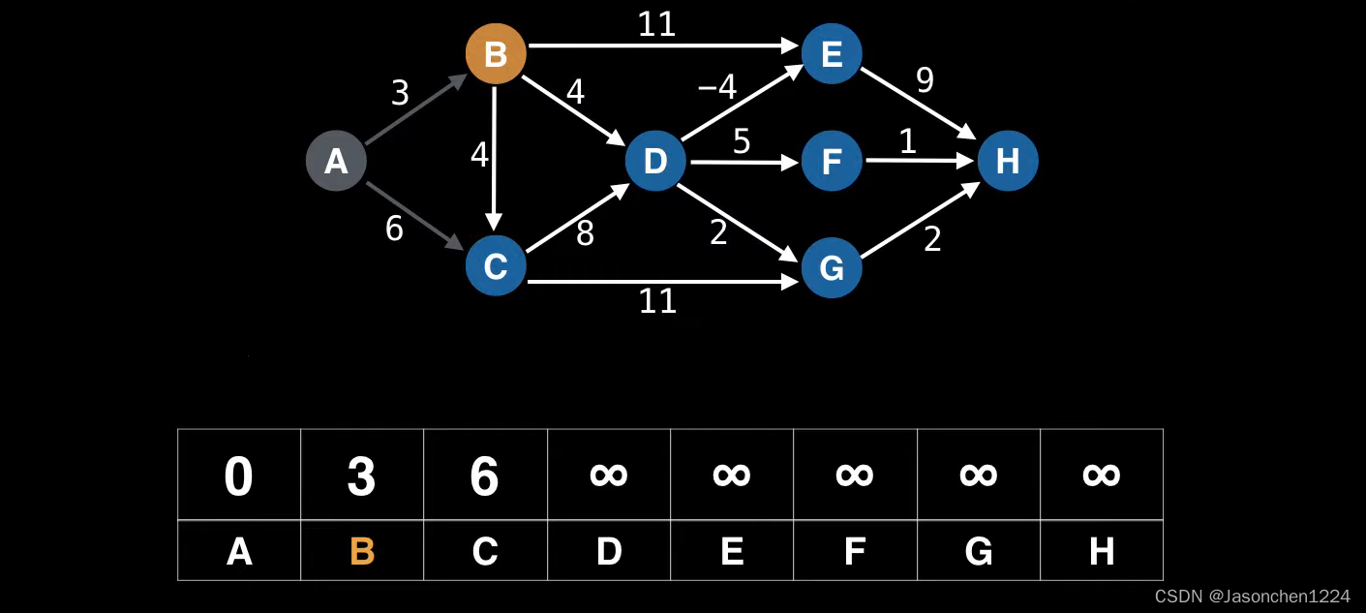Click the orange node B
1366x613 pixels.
(496, 53)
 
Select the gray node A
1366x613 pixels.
(336, 161)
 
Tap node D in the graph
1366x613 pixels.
(655, 161)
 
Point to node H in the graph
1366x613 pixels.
(1008, 161)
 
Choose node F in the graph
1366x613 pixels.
(832, 161)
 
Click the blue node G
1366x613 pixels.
(832, 268)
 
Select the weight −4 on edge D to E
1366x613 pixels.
(717, 87)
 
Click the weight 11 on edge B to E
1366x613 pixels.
(656, 24)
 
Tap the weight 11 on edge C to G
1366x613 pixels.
(657, 301)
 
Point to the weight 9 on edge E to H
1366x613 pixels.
(925, 80)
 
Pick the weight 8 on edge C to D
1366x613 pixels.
(585, 233)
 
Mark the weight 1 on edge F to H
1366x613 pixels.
(907, 142)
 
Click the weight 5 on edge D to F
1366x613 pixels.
(741, 142)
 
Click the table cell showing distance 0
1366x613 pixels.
(239, 475)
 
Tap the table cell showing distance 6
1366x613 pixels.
(485, 475)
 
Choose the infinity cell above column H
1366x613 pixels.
(1102, 475)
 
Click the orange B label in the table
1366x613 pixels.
(362, 551)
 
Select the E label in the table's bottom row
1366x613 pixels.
(732, 551)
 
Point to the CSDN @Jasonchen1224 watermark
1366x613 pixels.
(1252, 597)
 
